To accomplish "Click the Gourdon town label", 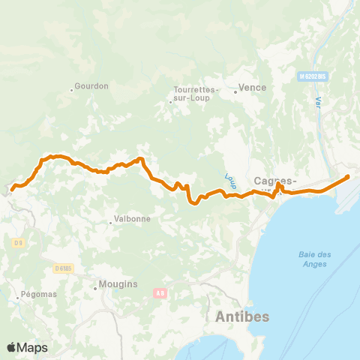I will tap(93, 86).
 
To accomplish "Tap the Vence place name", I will tap(252, 87).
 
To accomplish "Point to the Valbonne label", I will tap(132, 220).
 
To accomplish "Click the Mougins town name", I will tap(118, 285).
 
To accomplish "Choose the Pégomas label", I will tap(38, 294).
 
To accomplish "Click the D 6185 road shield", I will tap(63, 268).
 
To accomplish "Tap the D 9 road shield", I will tap(19, 242).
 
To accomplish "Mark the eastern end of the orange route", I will tap(348, 177).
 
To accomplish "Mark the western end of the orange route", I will tap(12, 189).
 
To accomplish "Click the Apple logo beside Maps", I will tap(12, 347).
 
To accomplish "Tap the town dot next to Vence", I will tap(235, 92).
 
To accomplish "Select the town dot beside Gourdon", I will tap(72, 91).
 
